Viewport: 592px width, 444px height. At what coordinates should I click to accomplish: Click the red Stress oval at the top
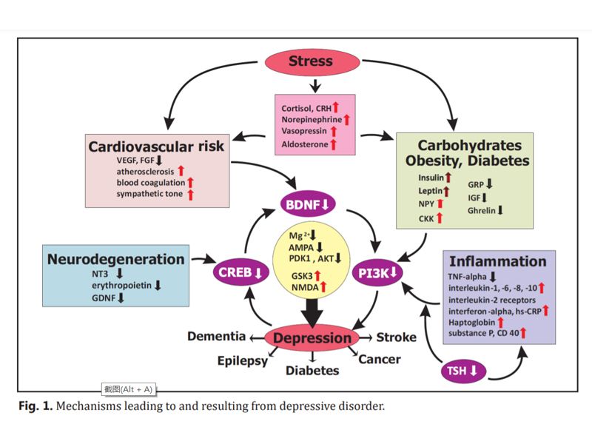(x=311, y=61)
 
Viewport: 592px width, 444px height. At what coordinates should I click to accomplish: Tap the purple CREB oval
(x=240, y=272)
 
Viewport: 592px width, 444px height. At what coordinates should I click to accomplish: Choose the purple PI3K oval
(x=377, y=272)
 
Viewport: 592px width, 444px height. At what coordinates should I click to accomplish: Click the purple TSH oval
(x=464, y=371)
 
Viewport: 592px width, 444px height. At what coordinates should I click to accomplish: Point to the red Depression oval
(x=312, y=338)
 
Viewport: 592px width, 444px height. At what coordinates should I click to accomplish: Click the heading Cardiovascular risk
(x=157, y=146)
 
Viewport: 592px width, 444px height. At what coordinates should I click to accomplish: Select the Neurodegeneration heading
(x=115, y=259)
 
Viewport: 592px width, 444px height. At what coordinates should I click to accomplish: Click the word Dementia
(x=216, y=337)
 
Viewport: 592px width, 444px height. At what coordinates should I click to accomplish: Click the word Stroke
(x=396, y=337)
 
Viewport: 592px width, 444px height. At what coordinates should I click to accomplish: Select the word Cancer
(x=380, y=360)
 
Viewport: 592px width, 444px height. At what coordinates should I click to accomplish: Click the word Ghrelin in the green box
(x=481, y=210)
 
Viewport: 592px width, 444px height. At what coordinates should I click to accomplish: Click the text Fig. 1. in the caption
(x=36, y=406)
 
